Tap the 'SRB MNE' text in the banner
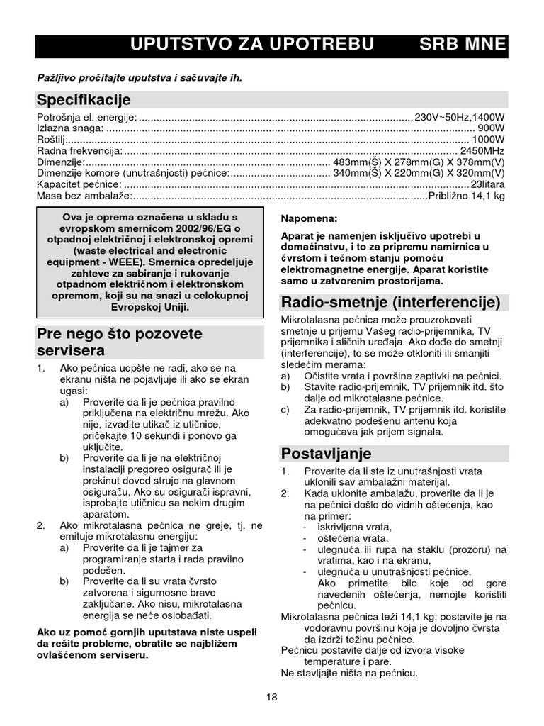(x=463, y=45)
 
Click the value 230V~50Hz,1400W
(x=460, y=117)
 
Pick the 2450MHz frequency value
(x=482, y=151)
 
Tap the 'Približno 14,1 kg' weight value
(x=467, y=196)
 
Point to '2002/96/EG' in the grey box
(x=205, y=228)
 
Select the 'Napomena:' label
(x=310, y=218)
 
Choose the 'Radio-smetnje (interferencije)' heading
(x=391, y=303)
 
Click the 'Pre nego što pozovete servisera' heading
(x=119, y=342)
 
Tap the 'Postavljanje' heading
(x=327, y=453)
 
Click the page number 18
(x=272, y=698)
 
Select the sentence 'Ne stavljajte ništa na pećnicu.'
(x=349, y=673)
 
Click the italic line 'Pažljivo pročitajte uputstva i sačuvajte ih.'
(x=140, y=77)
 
